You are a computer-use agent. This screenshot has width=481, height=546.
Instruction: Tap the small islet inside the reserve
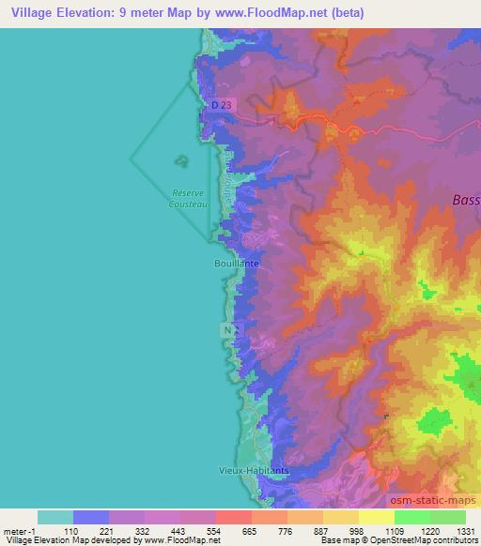178,160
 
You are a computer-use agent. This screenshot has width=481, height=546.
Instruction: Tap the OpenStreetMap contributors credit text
424,540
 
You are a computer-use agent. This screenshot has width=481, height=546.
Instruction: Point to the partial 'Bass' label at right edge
465,200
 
